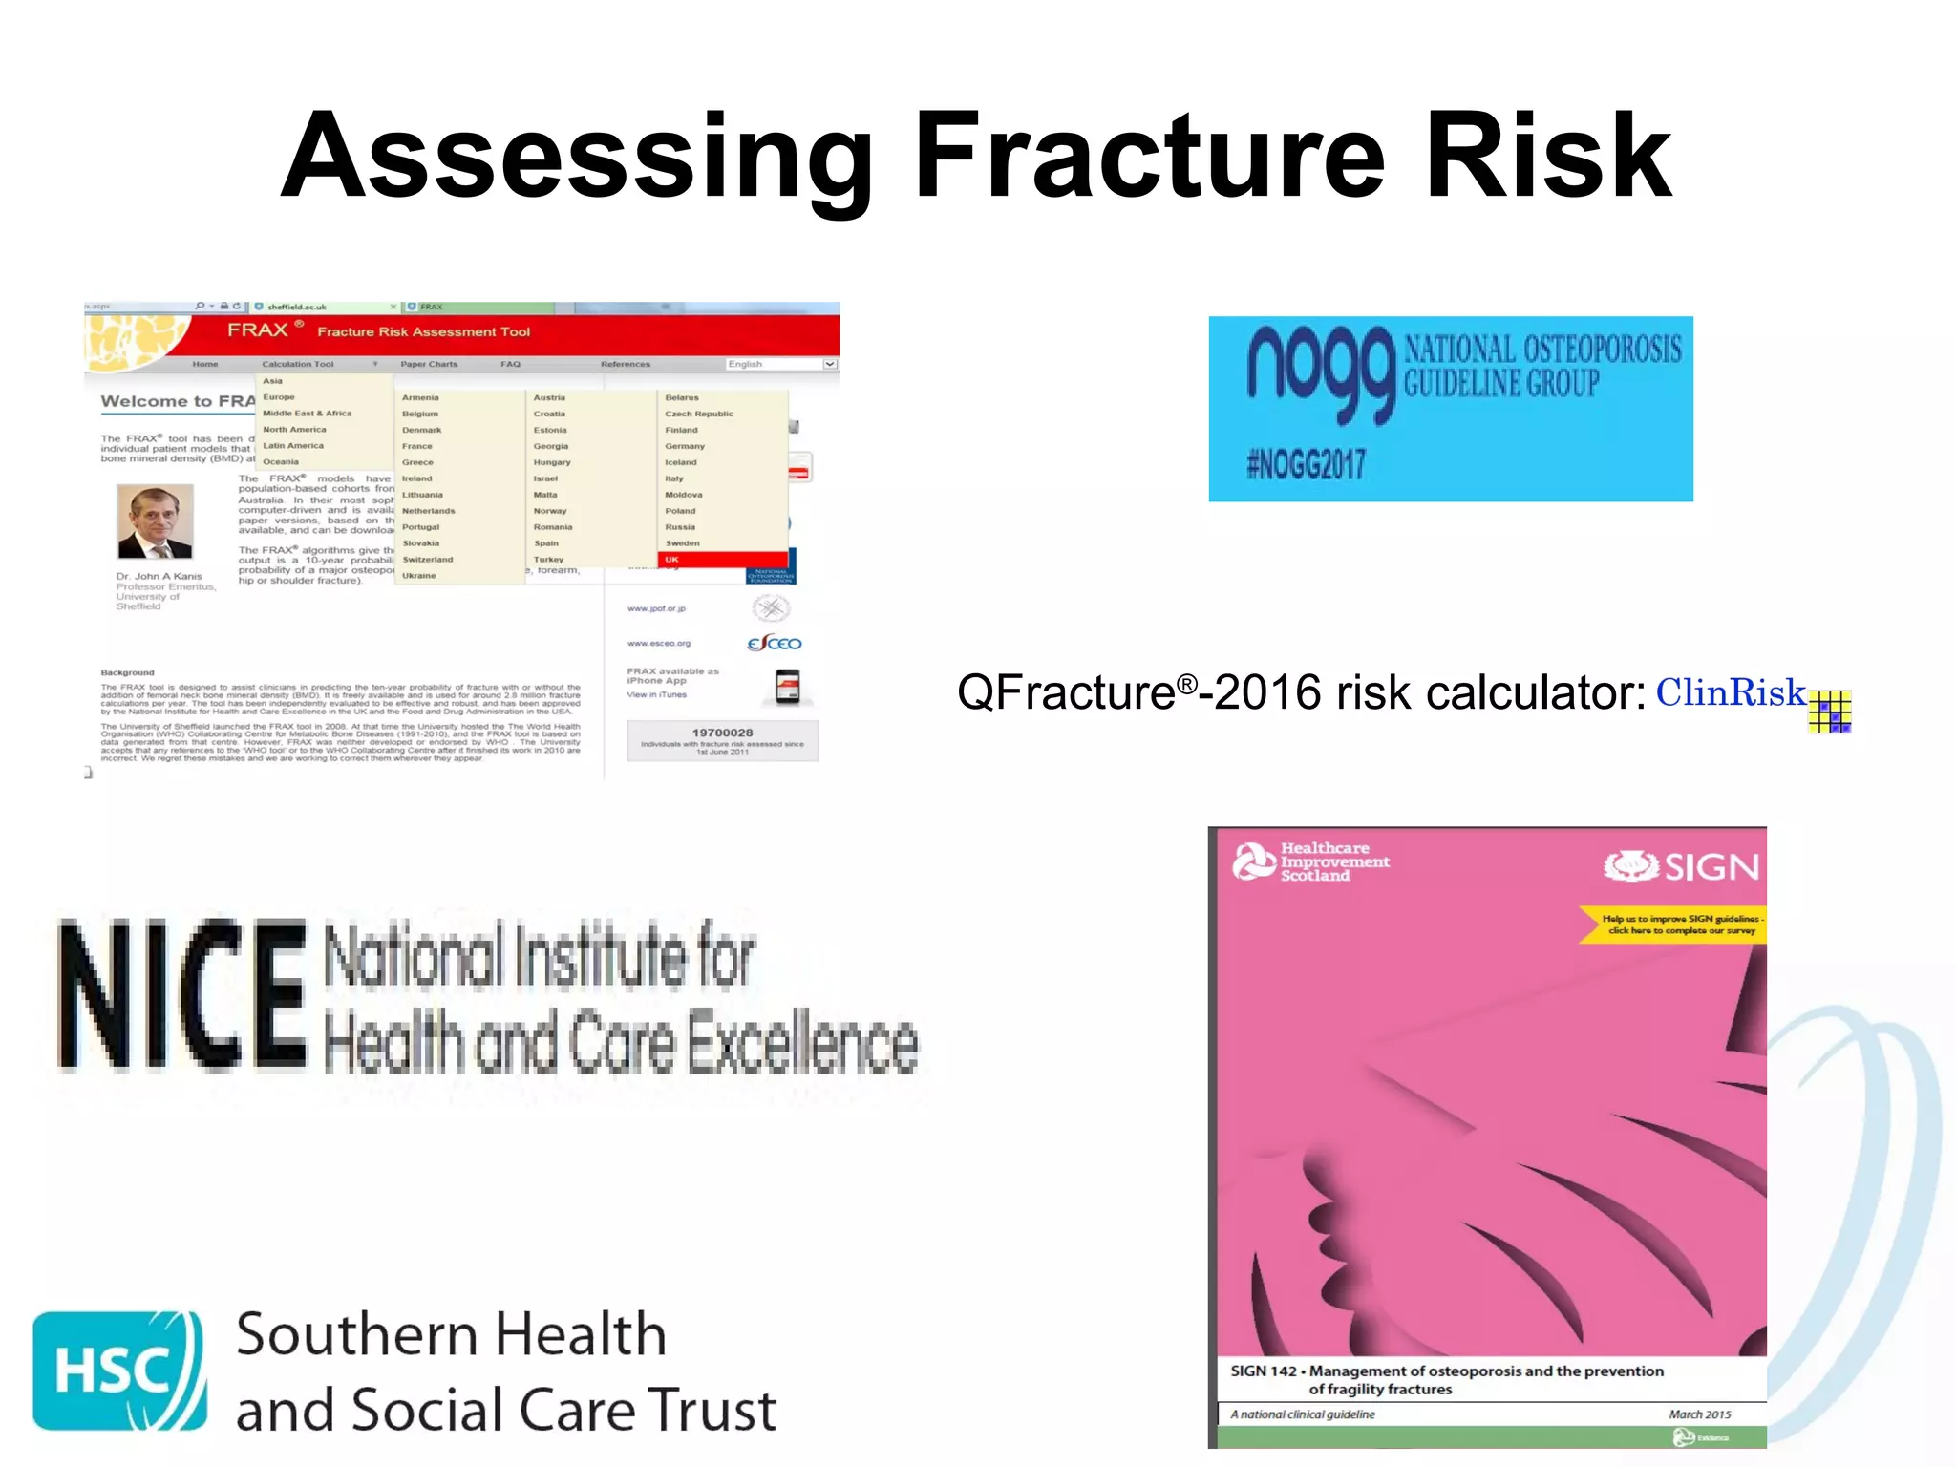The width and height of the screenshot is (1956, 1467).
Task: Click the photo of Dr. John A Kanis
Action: [x=155, y=521]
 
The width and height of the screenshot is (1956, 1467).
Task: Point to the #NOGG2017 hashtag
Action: [x=1306, y=465]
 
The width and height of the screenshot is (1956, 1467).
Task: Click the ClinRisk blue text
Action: [x=1730, y=692]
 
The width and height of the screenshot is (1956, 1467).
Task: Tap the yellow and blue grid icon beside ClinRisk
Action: [x=1829, y=712]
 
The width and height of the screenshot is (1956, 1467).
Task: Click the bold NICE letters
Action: [x=181, y=993]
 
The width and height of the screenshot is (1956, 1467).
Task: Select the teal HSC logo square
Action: [x=118, y=1371]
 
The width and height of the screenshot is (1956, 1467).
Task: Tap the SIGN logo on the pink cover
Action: [x=1681, y=867]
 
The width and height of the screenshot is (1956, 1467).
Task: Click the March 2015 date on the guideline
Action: [x=1699, y=1414]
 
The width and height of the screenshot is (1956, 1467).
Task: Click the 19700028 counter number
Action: [x=722, y=733]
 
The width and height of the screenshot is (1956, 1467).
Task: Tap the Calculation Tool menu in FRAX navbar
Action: [x=298, y=364]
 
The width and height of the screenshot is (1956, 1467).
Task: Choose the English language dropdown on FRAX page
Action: [x=781, y=364]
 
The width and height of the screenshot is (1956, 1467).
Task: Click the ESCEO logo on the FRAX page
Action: [x=774, y=644]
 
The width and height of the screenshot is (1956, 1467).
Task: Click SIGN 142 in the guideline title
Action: [x=1263, y=1371]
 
